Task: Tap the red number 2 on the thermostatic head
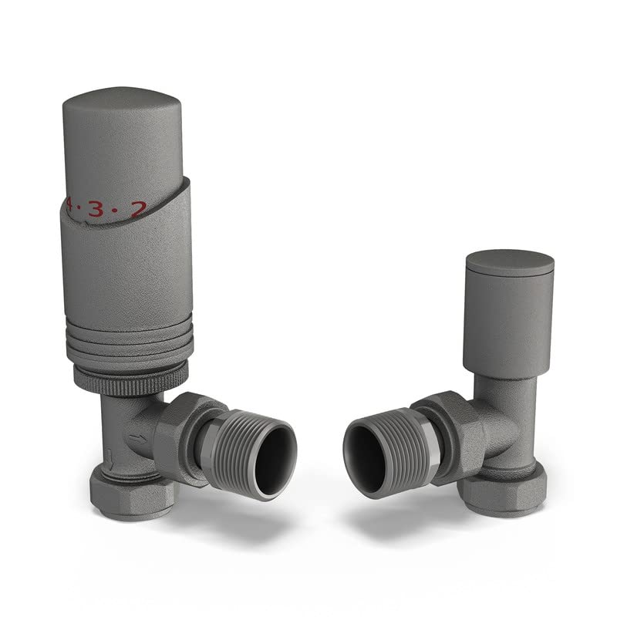click(138, 208)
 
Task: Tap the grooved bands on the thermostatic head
click(127, 343)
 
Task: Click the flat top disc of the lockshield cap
click(510, 259)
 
